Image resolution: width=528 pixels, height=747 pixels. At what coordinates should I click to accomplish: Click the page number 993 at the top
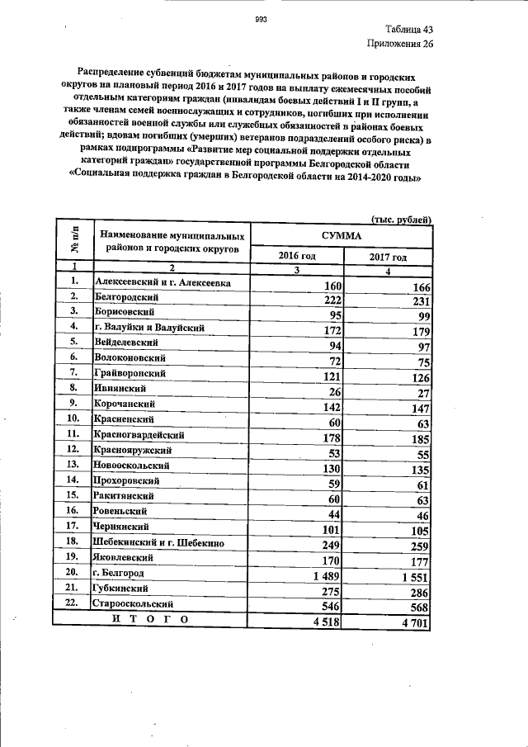point(262,20)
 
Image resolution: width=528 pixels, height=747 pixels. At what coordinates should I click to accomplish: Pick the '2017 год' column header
point(387,258)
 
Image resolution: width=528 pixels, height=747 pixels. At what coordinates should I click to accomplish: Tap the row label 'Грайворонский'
point(130,373)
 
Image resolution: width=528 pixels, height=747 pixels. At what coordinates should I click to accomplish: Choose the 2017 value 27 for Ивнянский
point(422,393)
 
